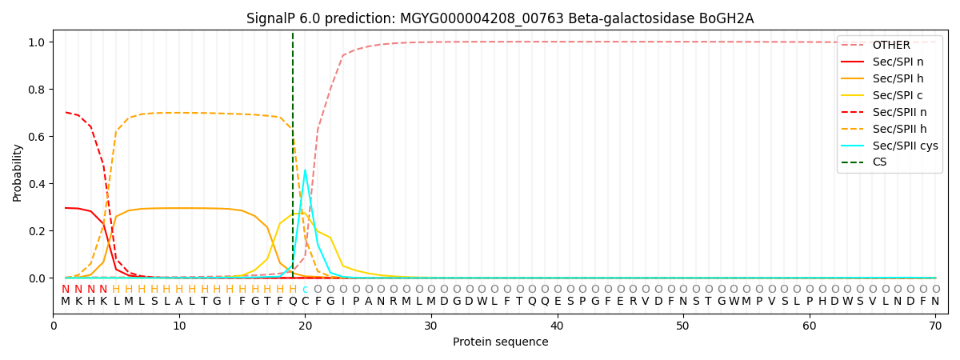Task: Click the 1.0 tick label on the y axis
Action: (x=38, y=42)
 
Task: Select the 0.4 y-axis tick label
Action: (x=38, y=184)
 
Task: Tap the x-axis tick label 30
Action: (x=431, y=326)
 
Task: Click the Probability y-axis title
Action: (x=18, y=172)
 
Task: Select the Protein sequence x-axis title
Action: (x=500, y=342)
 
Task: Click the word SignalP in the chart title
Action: (x=273, y=18)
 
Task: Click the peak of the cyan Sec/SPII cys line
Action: (x=305, y=170)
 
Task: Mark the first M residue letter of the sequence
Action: (x=66, y=302)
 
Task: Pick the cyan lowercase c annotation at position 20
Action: (x=305, y=290)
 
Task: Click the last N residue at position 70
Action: (x=935, y=302)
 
